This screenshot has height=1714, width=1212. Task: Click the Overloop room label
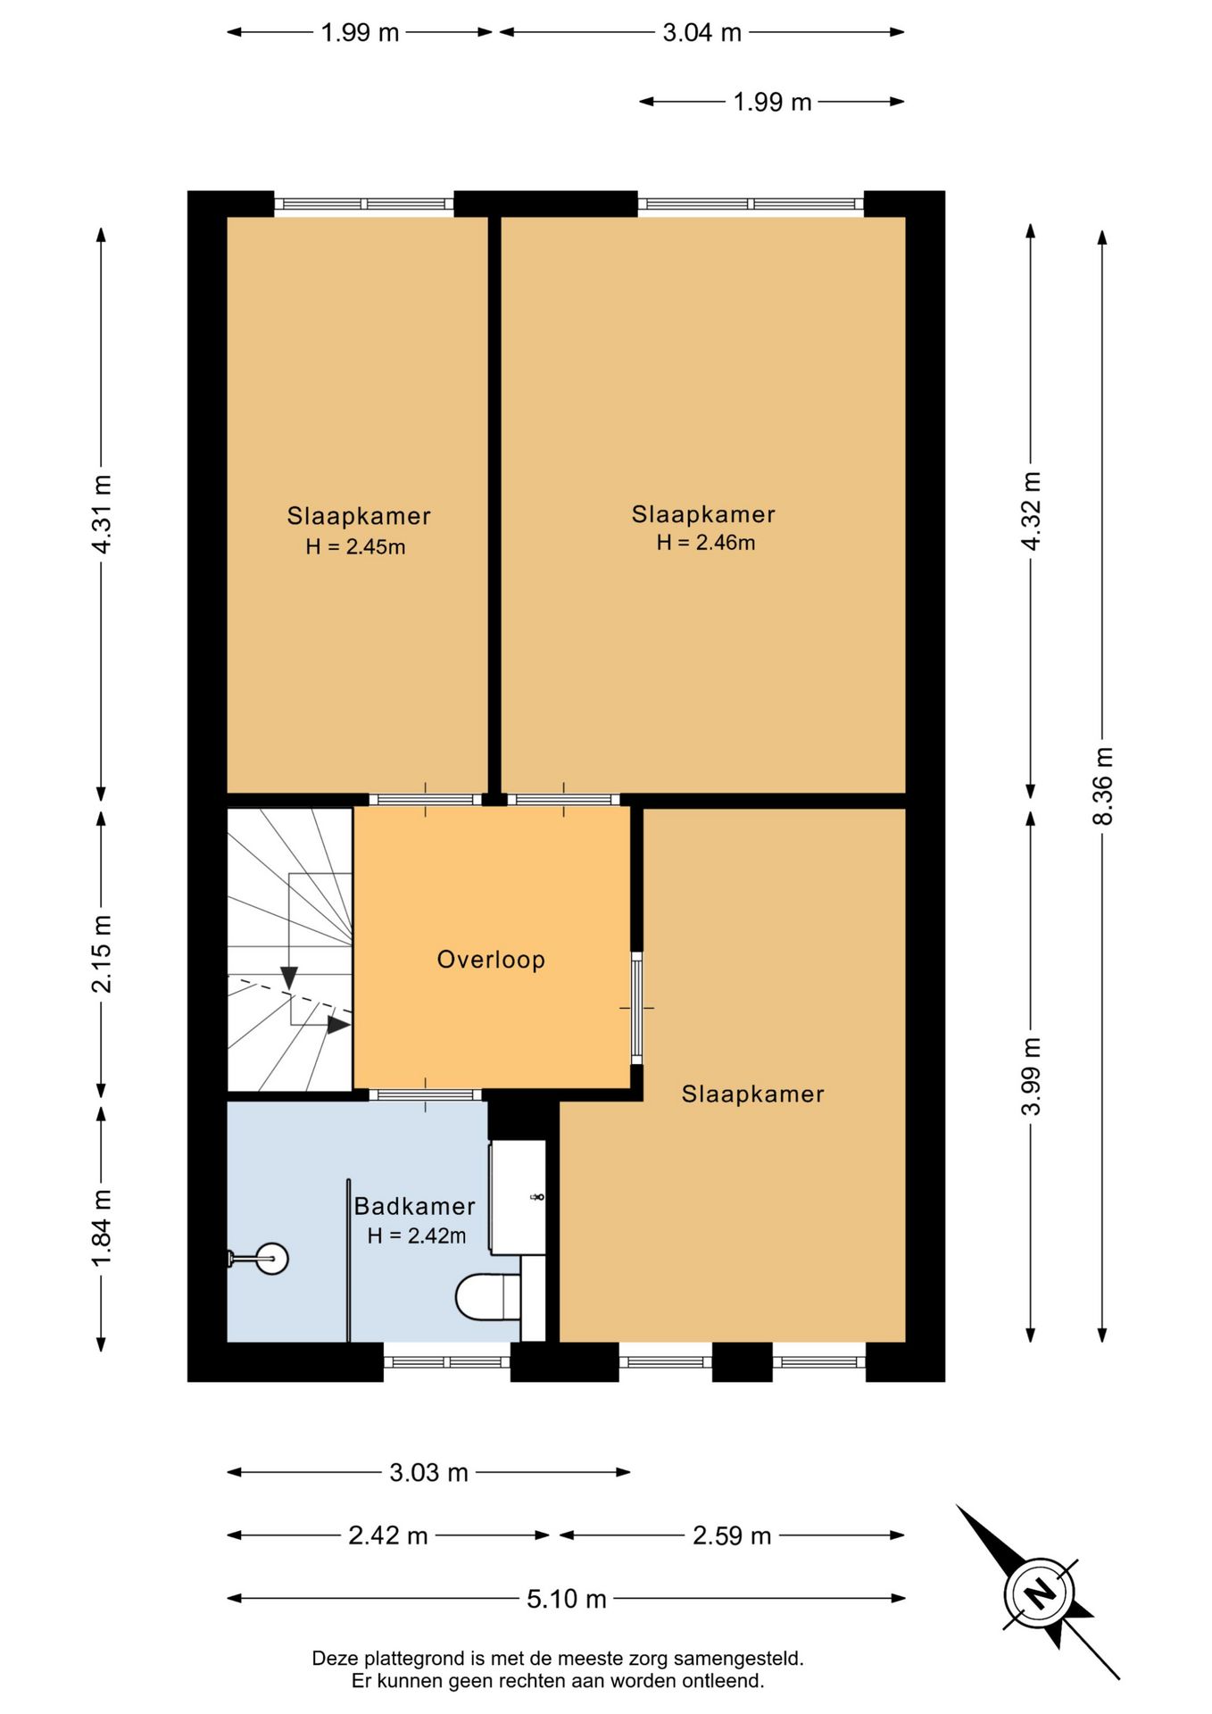tap(490, 960)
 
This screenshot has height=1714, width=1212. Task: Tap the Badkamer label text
tap(414, 1206)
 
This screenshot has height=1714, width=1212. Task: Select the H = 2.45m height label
tap(355, 547)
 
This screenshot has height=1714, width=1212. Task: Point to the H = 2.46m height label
tap(706, 543)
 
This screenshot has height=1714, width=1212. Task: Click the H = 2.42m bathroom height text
tap(417, 1236)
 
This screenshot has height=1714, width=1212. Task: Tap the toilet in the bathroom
tap(487, 1297)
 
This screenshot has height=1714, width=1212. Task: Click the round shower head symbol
tap(270, 1259)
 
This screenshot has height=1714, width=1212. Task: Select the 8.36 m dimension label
tap(1103, 786)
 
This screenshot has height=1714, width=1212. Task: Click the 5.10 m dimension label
tap(566, 1598)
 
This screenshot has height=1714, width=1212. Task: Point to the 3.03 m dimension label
tap(428, 1472)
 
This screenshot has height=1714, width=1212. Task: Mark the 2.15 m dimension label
tap(102, 953)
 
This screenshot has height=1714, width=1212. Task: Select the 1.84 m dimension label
tap(102, 1227)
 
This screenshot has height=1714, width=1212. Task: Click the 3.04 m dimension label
tap(701, 32)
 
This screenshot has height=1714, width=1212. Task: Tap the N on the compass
tap(1038, 1593)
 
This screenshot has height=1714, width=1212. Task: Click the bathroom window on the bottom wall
tap(447, 1362)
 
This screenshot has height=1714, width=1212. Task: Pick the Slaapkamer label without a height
tap(752, 1094)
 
